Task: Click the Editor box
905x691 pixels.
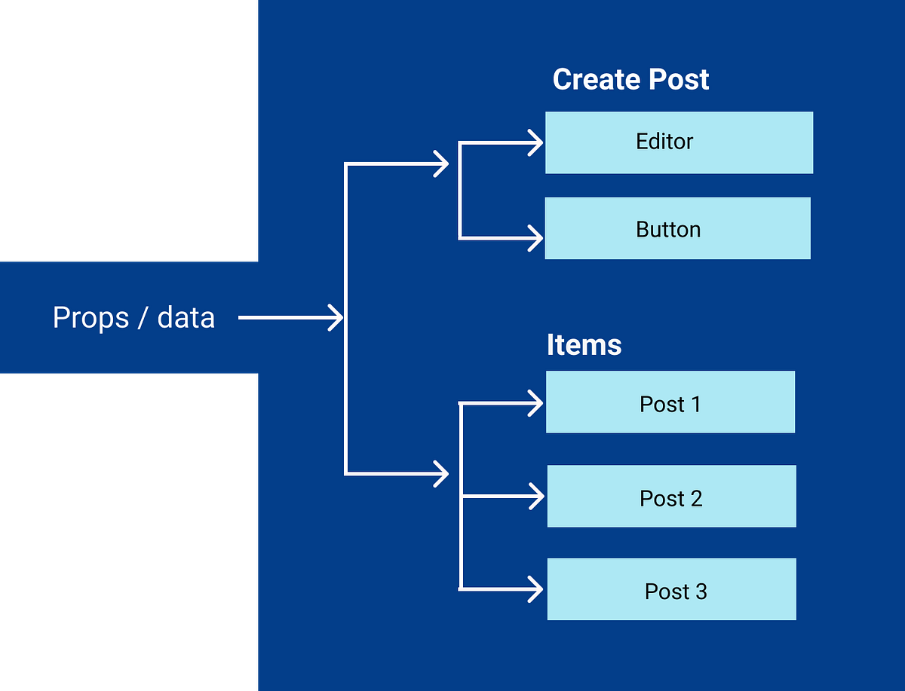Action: click(679, 142)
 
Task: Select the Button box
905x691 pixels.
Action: click(677, 228)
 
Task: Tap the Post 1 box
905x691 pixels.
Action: click(670, 402)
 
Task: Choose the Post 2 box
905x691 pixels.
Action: click(671, 496)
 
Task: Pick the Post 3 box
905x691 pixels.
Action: click(671, 589)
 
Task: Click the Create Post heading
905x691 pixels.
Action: click(630, 79)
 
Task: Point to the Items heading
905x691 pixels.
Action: click(584, 345)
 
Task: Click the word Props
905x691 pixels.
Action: click(90, 318)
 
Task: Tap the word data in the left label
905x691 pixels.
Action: click(186, 317)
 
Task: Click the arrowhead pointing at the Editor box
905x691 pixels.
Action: click(536, 142)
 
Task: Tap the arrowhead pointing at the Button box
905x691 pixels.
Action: click(536, 238)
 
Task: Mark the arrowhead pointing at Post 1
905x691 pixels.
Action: click(536, 404)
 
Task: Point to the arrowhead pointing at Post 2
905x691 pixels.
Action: click(536, 497)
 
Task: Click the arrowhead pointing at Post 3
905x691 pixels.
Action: click(536, 589)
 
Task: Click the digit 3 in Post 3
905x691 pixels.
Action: click(701, 592)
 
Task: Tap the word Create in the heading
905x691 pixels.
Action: click(588, 79)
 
